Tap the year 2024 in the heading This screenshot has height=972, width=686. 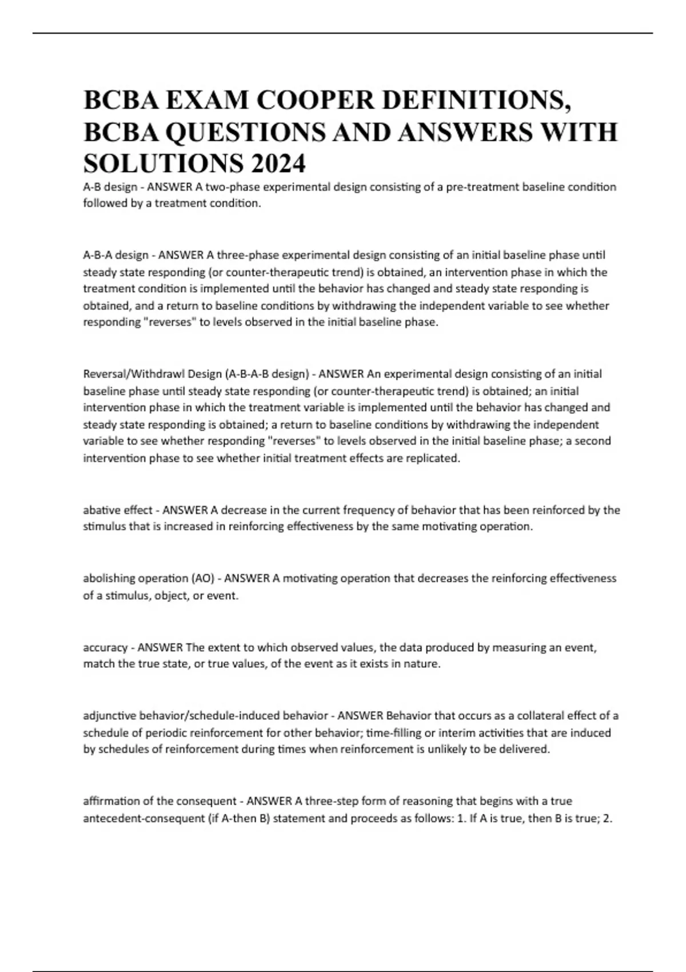point(277,164)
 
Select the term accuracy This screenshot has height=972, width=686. point(105,648)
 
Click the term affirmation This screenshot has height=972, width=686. point(111,801)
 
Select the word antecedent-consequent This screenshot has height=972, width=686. point(143,818)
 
